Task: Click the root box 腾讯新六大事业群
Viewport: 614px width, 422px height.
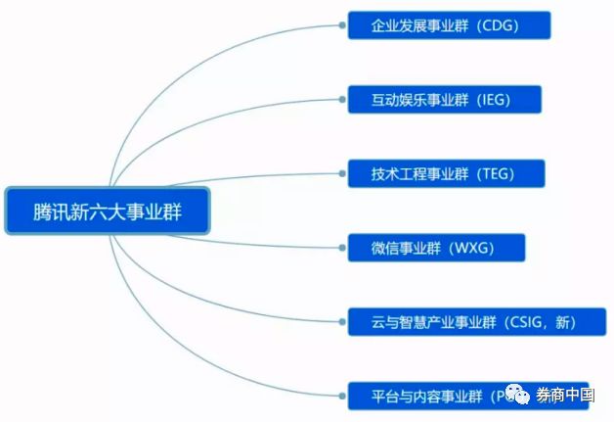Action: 108,210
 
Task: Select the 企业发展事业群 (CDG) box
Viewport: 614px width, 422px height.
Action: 449,25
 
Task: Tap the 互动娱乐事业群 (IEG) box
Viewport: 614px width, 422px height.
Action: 443,99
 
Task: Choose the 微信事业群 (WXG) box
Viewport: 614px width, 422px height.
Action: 436,248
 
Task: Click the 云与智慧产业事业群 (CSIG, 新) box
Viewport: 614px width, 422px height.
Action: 476,321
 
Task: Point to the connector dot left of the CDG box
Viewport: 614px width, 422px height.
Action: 343,25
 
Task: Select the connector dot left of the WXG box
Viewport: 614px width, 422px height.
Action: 343,248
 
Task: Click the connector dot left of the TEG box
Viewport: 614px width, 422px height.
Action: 343,173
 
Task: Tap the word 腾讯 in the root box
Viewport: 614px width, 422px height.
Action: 50,210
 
